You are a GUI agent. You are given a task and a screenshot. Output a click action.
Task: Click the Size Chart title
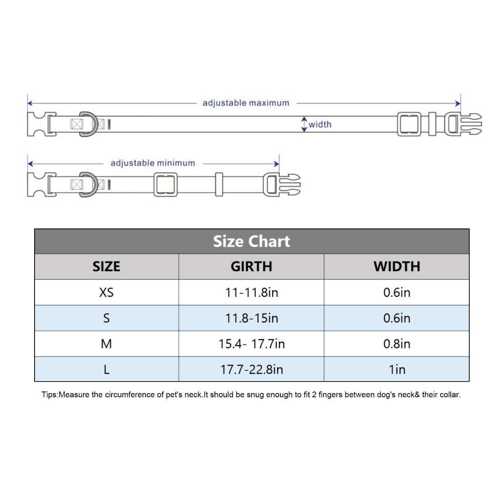click(252, 242)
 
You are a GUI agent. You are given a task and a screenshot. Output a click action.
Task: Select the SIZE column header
click(106, 266)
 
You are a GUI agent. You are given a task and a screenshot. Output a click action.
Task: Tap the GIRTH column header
click(252, 266)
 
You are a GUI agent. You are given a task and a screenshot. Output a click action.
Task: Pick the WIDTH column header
click(397, 266)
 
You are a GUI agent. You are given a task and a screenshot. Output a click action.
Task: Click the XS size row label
click(106, 292)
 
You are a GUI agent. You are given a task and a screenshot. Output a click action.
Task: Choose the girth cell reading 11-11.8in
click(252, 293)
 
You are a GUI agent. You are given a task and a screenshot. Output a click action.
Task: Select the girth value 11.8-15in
click(252, 318)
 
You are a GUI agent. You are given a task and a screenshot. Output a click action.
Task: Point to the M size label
click(106, 344)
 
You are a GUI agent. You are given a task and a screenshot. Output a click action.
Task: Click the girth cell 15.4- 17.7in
click(252, 344)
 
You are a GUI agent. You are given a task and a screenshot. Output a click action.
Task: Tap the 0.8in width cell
click(397, 344)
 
